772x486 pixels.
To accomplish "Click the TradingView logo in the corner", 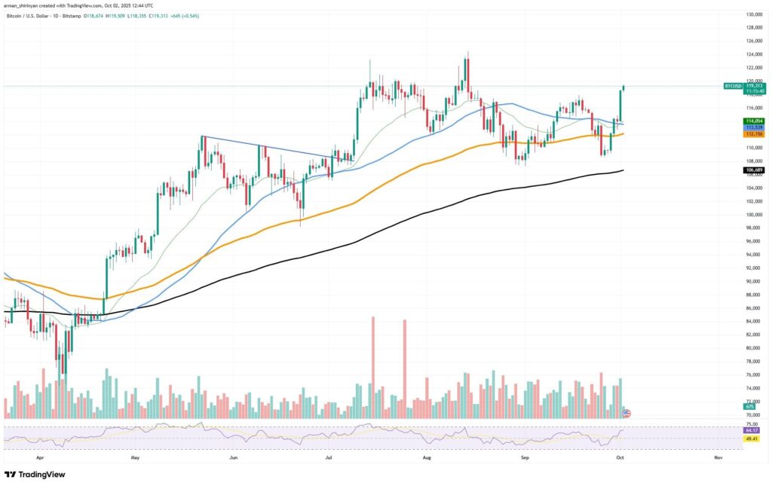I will tap(35, 475).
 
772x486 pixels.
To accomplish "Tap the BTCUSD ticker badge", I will tap(732, 87).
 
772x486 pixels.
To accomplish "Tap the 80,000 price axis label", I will tap(754, 348).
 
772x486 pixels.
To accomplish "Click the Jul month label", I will tap(329, 457).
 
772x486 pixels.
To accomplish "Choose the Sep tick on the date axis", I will tap(524, 457).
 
